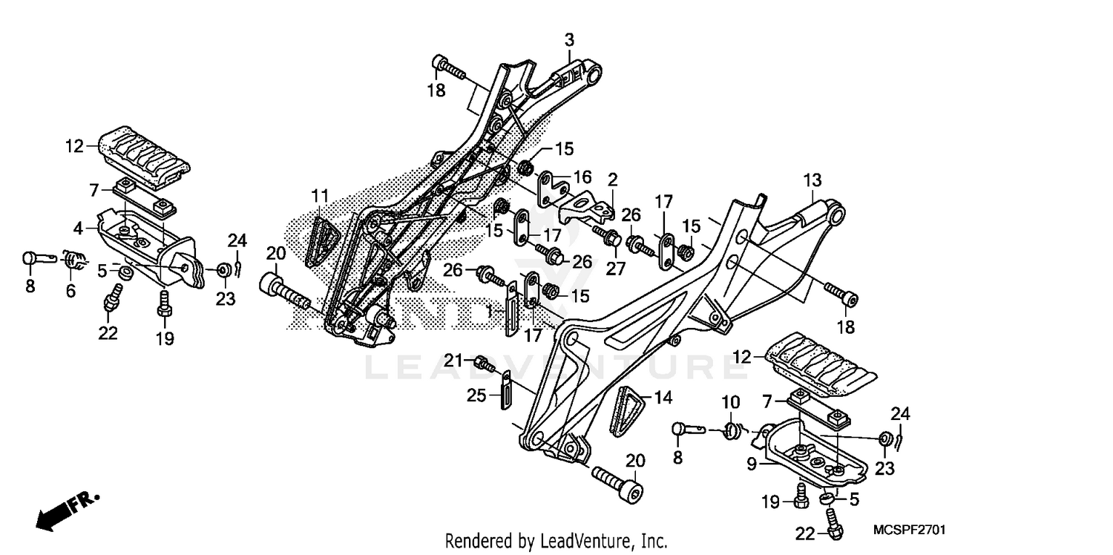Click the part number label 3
tap(569, 39)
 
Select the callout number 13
tap(812, 180)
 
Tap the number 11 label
tap(320, 196)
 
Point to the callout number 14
tap(663, 398)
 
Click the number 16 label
tap(582, 177)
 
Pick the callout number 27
tap(615, 269)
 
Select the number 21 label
tap(454, 361)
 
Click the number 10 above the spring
tap(731, 403)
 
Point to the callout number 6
tap(70, 291)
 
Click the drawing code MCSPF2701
tap(909, 531)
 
